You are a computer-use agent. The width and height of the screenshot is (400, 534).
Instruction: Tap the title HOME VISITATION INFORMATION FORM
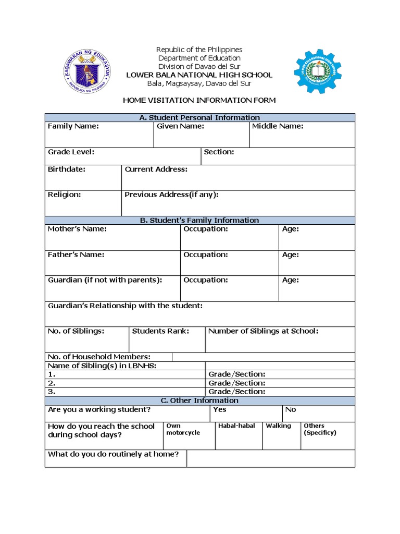(199, 100)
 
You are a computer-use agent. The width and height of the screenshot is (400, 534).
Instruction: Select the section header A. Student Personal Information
(199, 117)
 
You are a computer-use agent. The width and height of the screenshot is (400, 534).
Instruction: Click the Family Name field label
(73, 126)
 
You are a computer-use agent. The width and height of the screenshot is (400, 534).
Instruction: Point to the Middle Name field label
(278, 126)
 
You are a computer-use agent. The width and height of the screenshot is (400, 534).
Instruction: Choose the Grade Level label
(71, 152)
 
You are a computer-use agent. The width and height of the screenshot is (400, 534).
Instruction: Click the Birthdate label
(67, 169)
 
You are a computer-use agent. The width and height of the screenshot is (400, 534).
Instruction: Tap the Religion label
(65, 195)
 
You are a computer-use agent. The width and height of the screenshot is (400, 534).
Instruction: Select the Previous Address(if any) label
(171, 195)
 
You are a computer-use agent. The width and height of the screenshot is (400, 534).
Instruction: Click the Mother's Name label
(77, 229)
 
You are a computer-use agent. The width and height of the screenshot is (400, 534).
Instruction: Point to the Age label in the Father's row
(290, 254)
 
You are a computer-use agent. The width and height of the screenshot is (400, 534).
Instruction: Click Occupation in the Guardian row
(206, 280)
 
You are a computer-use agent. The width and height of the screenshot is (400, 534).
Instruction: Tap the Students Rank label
(160, 331)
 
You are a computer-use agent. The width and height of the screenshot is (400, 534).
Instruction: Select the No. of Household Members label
(99, 357)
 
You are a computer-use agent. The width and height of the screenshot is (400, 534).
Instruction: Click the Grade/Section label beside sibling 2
(237, 383)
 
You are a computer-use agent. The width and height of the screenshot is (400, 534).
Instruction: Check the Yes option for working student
(220, 409)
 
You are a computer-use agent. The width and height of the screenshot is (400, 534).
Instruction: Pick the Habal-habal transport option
(236, 426)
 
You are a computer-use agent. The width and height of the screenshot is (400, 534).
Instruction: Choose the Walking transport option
(278, 426)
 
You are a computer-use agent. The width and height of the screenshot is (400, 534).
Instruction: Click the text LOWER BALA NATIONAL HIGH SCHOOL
(199, 75)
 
